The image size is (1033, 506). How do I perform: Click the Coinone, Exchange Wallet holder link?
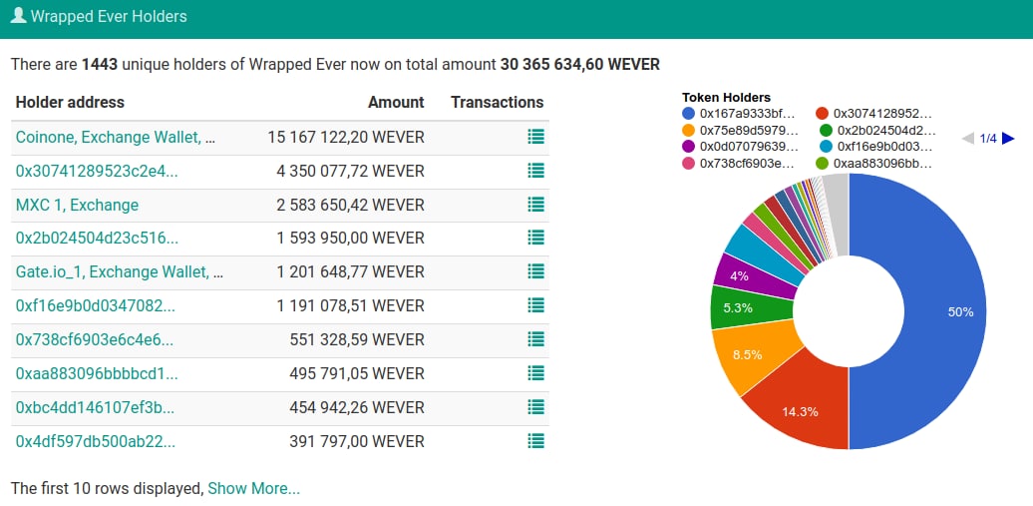coord(115,137)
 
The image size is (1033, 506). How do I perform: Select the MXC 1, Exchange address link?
coord(77,205)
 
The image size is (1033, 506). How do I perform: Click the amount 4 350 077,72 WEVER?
coord(350,171)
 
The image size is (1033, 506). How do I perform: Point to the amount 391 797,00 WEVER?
coord(356,441)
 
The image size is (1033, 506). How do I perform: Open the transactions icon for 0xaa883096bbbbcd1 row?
coord(535,373)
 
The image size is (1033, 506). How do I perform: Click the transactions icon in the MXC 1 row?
coord(535,205)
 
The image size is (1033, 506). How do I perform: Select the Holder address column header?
coord(70,102)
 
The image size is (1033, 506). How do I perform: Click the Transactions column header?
coord(497,102)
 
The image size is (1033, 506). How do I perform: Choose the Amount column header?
coord(396,102)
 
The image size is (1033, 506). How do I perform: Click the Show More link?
coord(253,488)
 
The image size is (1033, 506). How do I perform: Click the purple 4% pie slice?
coord(738,273)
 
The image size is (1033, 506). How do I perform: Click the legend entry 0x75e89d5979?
coord(748,130)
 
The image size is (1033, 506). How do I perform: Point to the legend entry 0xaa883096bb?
coord(881,163)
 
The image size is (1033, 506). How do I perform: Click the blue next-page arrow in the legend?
coord(1008,139)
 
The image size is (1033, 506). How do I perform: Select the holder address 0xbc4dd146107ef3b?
coord(95,407)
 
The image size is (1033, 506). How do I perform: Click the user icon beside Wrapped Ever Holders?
coord(18,16)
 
